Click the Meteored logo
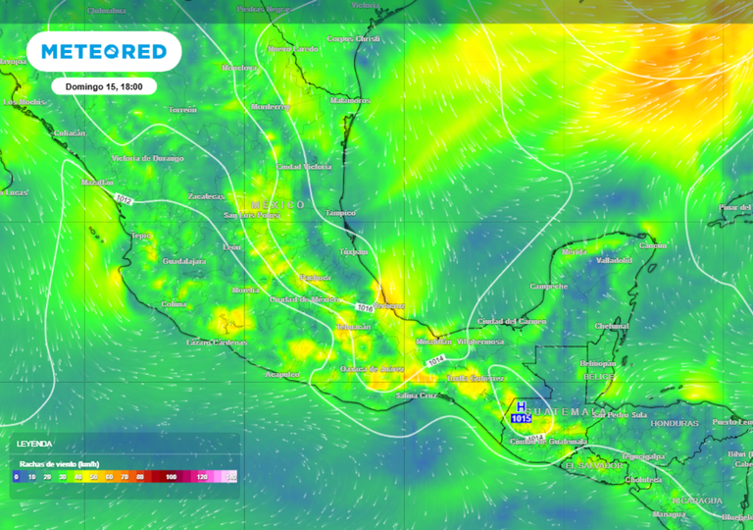[103, 51]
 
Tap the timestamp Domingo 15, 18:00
[104, 86]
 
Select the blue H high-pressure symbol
[521, 406]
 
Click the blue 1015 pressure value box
[521, 419]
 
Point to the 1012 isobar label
[123, 199]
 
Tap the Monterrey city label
[272, 106]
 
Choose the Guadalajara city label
[183, 262]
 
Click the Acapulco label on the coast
[281, 374]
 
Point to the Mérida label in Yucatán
[574, 252]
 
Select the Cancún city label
[653, 245]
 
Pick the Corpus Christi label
[353, 38]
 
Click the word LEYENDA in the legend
[34, 444]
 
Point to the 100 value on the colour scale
[171, 476]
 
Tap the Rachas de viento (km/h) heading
[59, 463]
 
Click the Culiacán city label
[69, 132]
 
